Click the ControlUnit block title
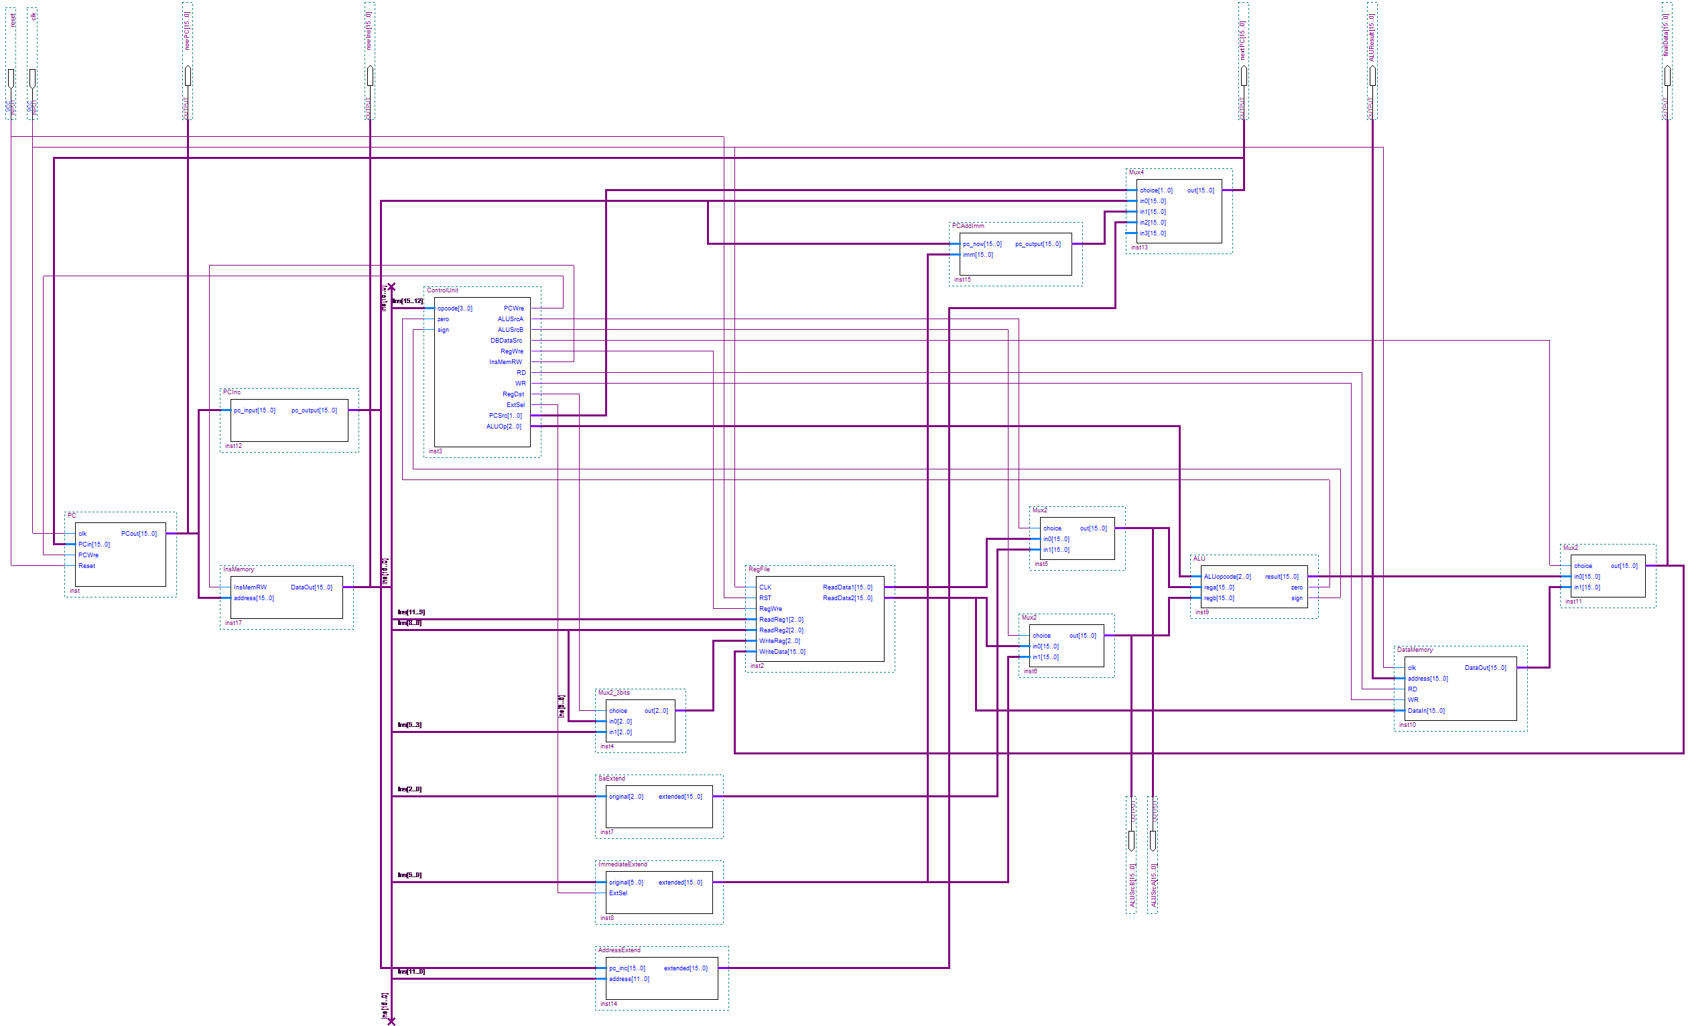coord(442,290)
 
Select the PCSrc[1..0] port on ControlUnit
coord(505,416)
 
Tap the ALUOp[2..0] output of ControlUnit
coord(503,426)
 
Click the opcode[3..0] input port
coord(455,308)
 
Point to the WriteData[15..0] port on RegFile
coord(781,652)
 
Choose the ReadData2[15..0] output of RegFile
coord(848,598)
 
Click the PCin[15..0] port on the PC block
coord(94,545)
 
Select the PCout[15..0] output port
coord(139,534)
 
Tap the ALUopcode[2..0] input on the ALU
coord(1227,577)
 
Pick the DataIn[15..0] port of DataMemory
coord(1425,711)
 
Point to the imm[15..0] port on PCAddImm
coord(978,255)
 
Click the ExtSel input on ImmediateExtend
coord(618,893)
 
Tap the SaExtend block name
coord(611,779)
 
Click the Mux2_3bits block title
coord(614,693)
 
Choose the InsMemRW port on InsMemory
coord(250,587)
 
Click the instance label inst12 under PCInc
coord(234,446)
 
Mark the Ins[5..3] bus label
coord(409,725)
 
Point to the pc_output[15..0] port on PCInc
coord(314,410)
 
